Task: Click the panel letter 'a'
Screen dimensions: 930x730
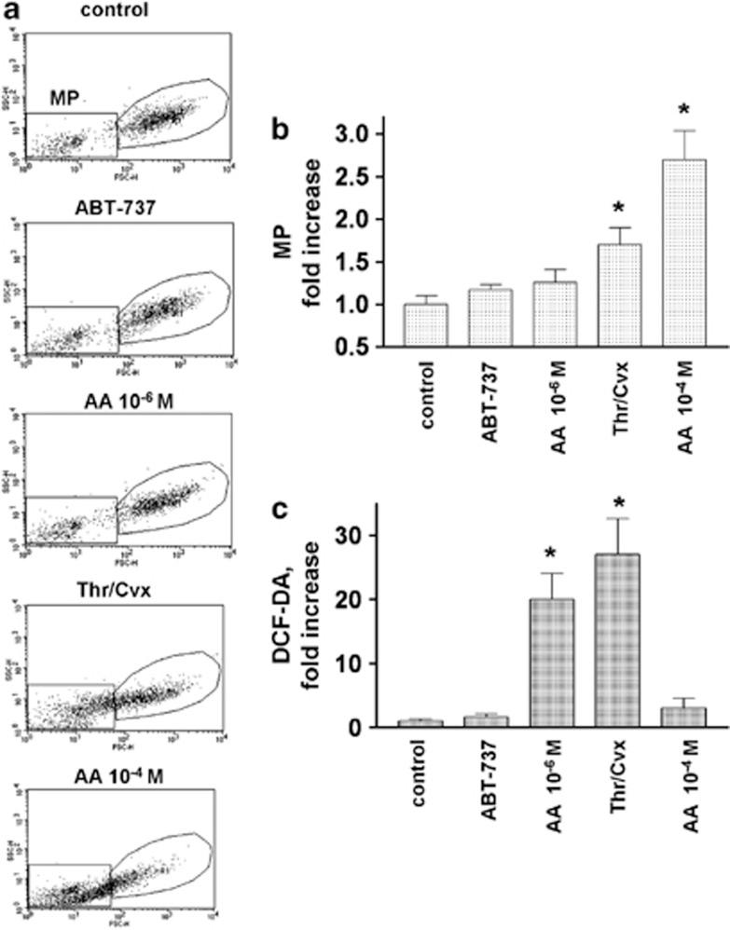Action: coord(10,10)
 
